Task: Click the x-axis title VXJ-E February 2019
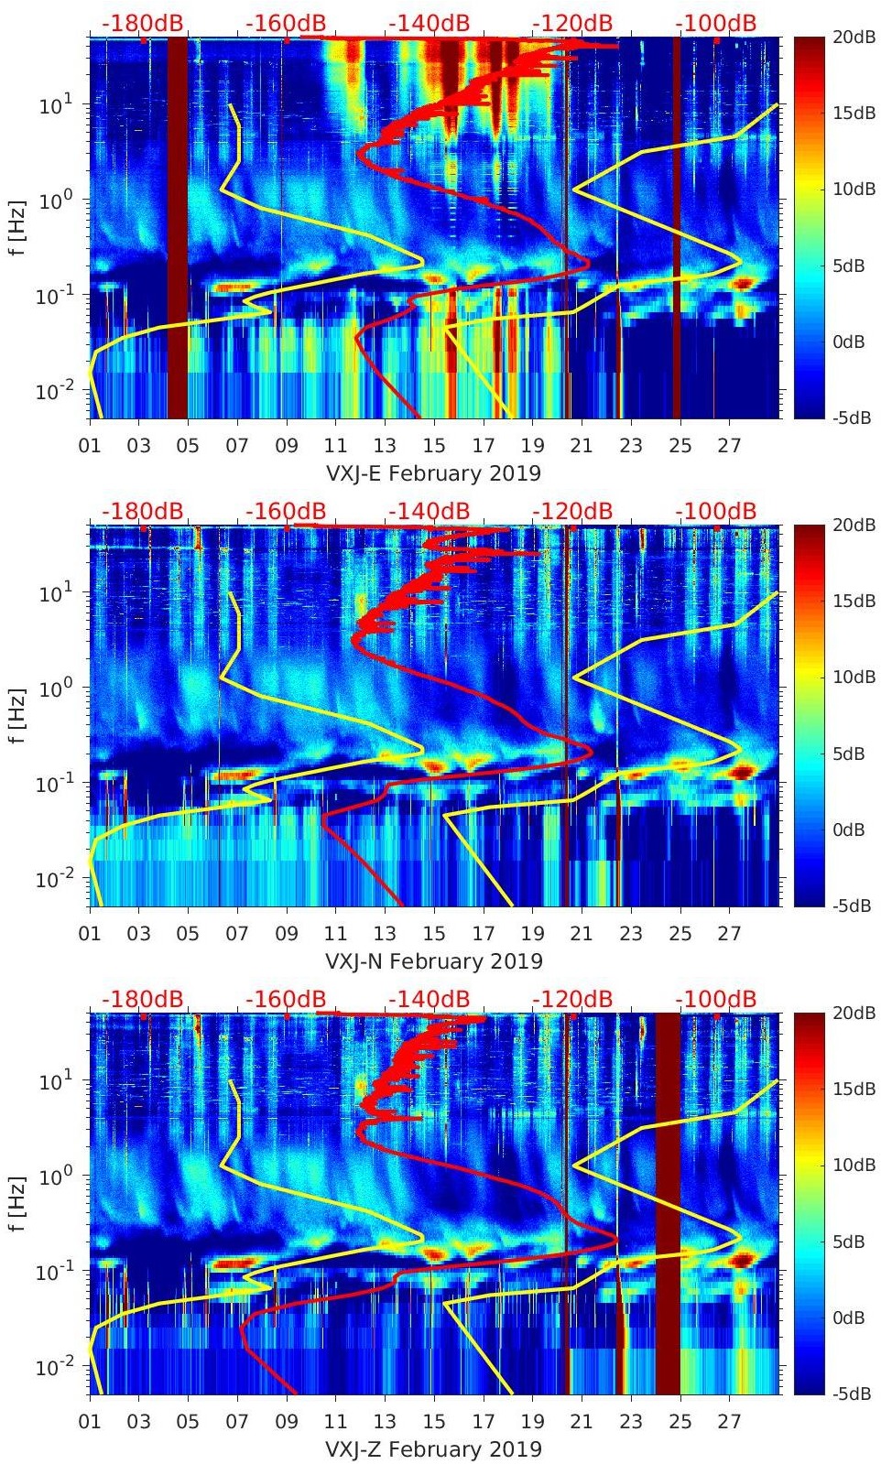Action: [x=434, y=473]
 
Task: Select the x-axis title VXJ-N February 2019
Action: [x=434, y=961]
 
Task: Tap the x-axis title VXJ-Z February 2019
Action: [x=434, y=1449]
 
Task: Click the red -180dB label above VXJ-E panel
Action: [x=142, y=23]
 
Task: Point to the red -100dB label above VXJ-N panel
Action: [x=716, y=511]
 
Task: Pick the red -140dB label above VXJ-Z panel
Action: [x=429, y=999]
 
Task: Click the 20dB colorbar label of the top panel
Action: [x=852, y=37]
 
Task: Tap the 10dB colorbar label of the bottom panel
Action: [x=852, y=1166]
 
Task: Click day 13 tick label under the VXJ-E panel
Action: [x=385, y=446]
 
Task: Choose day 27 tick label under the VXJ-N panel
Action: [x=729, y=934]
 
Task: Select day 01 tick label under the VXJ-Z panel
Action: [x=90, y=1422]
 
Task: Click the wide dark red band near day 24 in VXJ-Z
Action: [x=669, y=1203]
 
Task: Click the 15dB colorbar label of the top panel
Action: [x=852, y=113]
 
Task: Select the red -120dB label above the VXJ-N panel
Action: [x=572, y=511]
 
